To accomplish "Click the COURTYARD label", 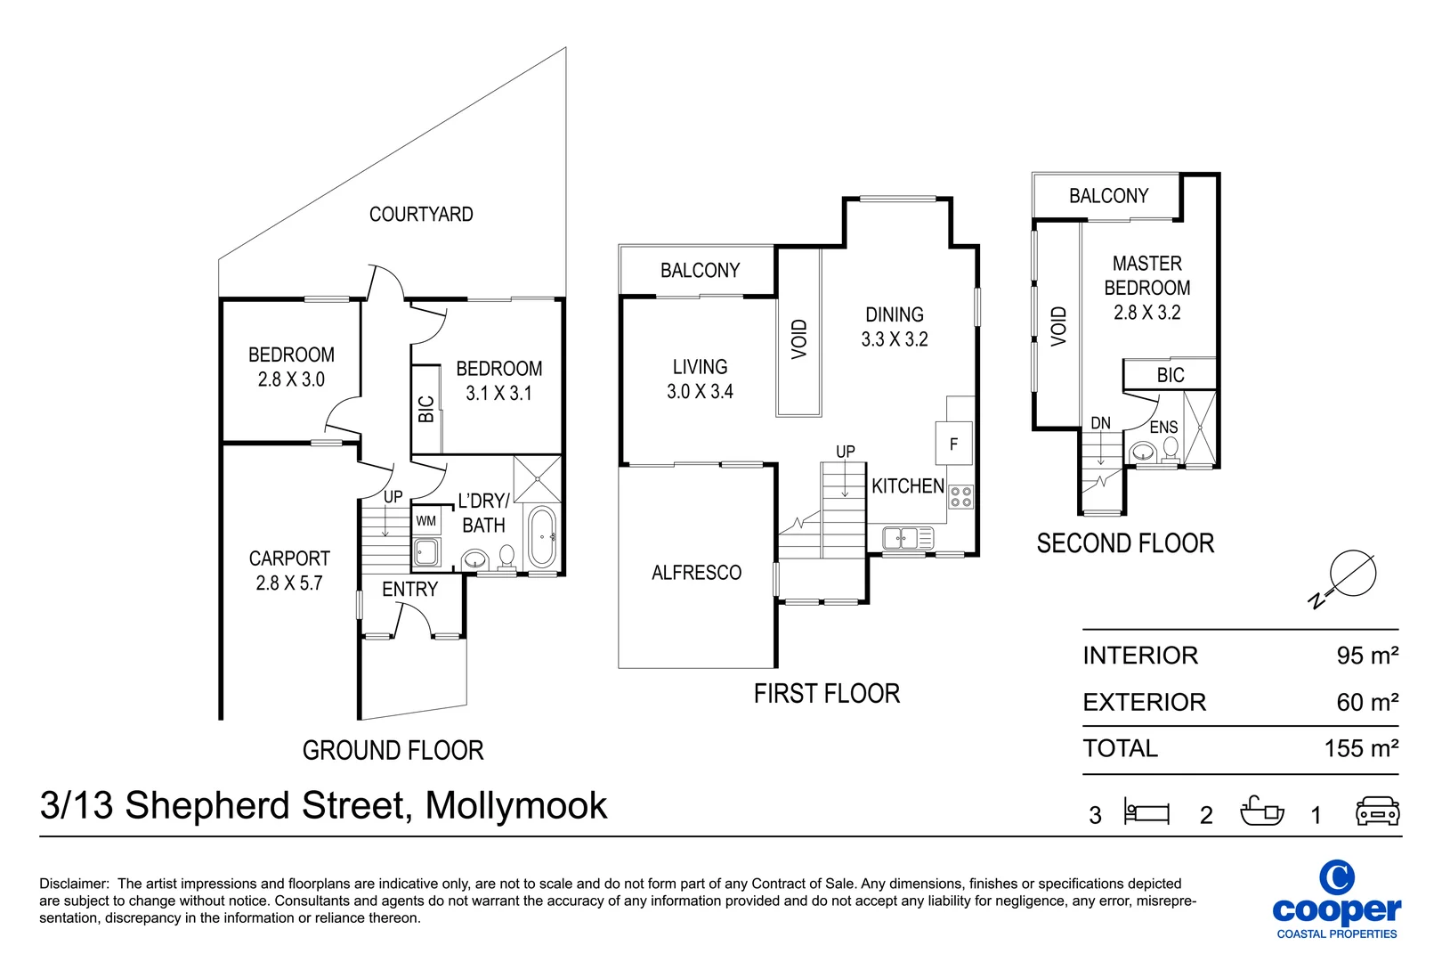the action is (x=421, y=214).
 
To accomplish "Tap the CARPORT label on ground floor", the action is (x=289, y=558).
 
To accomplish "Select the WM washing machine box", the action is (x=426, y=520).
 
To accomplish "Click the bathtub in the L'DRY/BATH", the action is (x=542, y=536).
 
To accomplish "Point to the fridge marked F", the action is (x=953, y=444).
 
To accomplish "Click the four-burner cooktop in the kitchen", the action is (x=960, y=497).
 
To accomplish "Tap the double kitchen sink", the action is (x=908, y=537).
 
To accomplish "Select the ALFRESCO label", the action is (x=697, y=572).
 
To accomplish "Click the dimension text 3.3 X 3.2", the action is (x=895, y=338).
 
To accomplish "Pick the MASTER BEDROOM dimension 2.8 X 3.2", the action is (x=1147, y=313).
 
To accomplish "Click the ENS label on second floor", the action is (x=1164, y=428).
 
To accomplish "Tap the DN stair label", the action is (x=1101, y=423).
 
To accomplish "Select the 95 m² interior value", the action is (x=1367, y=656).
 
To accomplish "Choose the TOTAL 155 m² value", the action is (x=1362, y=748).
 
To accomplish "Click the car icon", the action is (x=1378, y=811).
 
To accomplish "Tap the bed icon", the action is (x=1146, y=811).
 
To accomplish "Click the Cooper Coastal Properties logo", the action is (x=1337, y=900).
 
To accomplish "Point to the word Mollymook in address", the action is (x=516, y=805).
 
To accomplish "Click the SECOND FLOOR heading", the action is (x=1125, y=543).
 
